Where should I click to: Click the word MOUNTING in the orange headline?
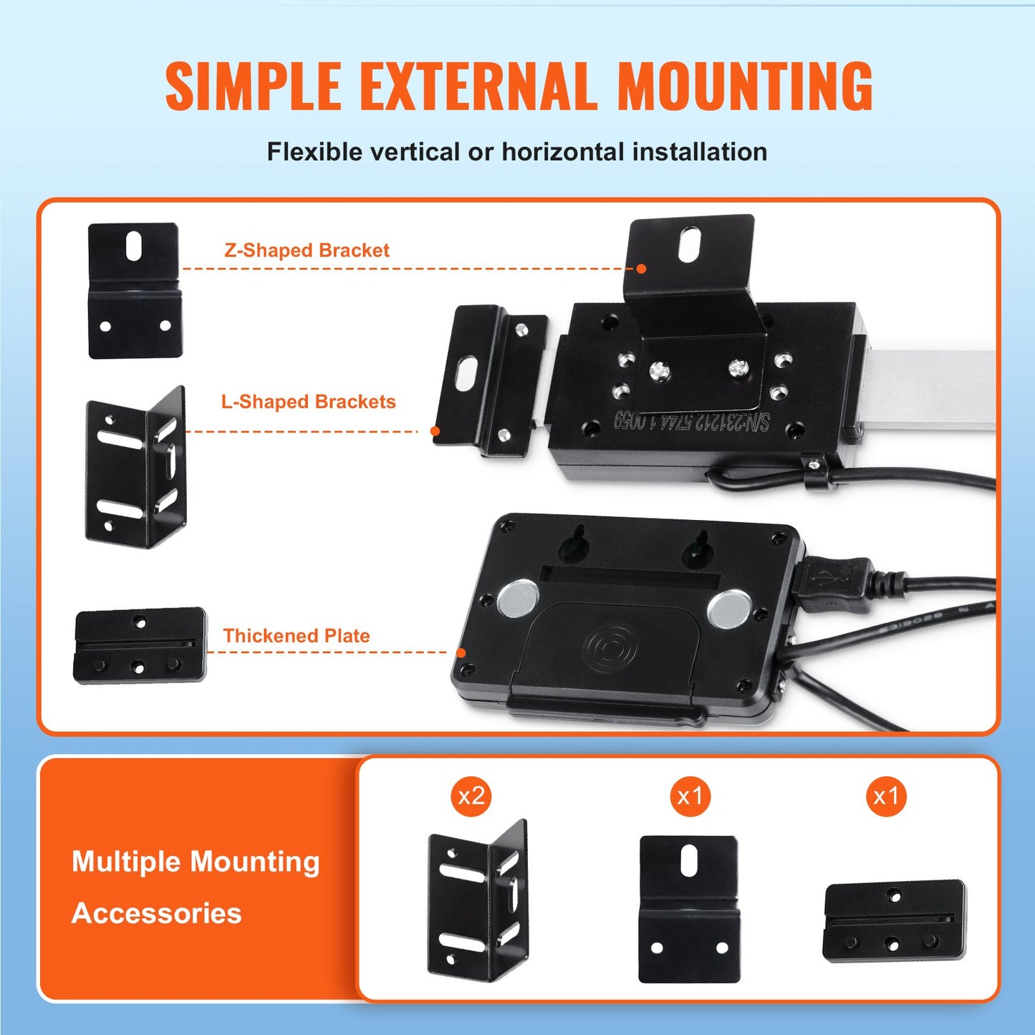745,87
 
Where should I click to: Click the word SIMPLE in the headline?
253,87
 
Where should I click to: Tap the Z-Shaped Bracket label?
307,251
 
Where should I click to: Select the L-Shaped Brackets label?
308,402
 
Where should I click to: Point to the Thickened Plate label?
297,636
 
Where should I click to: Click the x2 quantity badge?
471,796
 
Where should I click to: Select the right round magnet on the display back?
728,608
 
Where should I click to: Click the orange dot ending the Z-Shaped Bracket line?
642,269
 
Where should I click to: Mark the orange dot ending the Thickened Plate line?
462,653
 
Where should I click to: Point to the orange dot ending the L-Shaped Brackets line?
435,431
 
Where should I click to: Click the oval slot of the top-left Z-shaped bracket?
133,246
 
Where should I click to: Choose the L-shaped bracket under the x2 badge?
478,900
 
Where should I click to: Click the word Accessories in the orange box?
157,914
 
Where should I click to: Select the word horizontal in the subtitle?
563,152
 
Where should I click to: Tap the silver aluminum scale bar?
931,390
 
